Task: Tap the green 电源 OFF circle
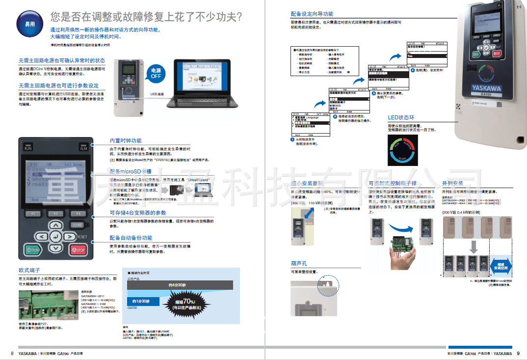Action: point(156,74)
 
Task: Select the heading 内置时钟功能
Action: point(125,141)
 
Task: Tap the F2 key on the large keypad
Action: point(55,214)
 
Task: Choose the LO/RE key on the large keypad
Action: point(77,225)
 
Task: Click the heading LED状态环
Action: point(401,118)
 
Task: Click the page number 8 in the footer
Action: point(12,353)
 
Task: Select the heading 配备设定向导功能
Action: point(312,14)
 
